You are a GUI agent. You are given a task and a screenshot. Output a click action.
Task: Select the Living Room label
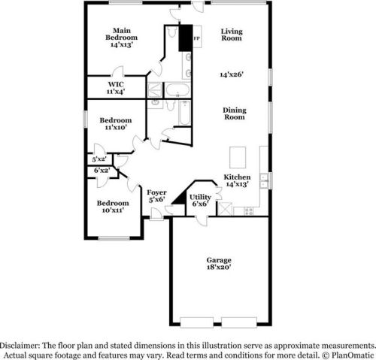tap(231, 34)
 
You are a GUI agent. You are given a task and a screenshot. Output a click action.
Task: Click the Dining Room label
tap(234, 113)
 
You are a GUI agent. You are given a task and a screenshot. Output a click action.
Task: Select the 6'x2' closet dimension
tap(102, 171)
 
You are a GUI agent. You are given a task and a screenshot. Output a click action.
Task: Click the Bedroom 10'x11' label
tap(112, 206)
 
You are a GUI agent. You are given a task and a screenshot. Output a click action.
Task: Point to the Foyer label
tap(156, 196)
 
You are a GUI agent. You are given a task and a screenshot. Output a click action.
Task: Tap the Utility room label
tap(200, 200)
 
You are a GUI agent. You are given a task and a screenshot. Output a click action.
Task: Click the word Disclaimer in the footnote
tap(27, 340)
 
